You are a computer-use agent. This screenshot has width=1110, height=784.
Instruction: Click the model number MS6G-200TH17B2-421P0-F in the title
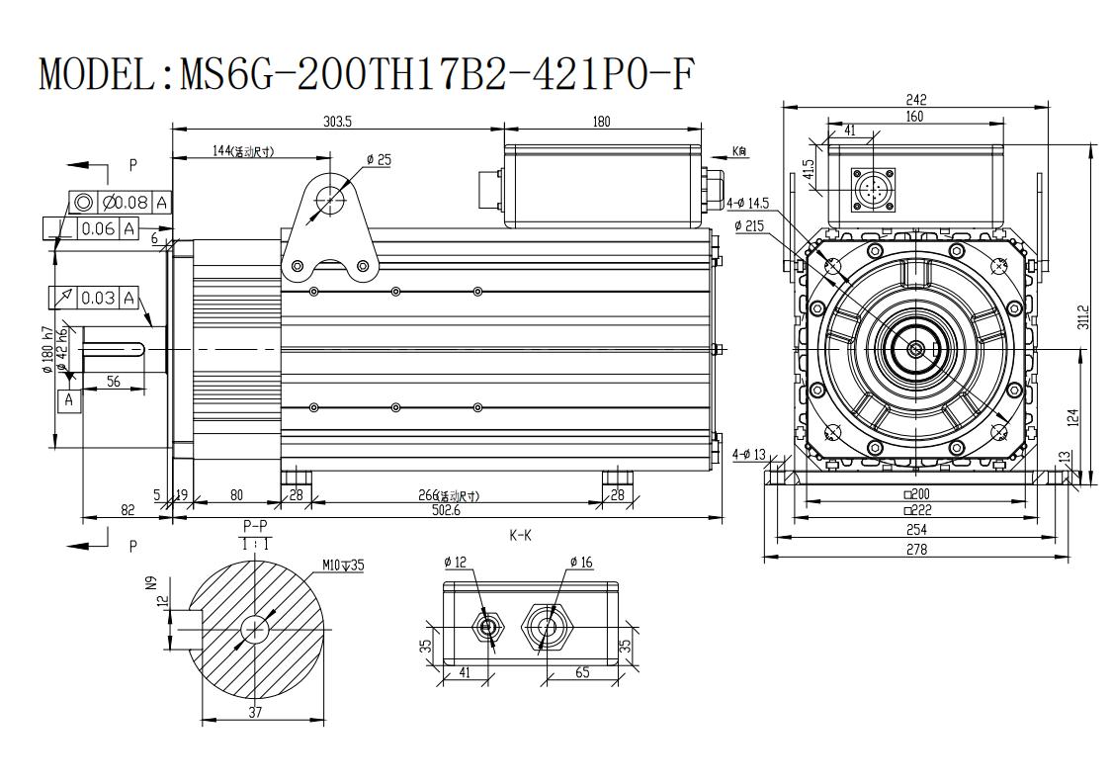[434, 74]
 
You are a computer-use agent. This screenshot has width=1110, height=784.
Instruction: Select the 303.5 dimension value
[338, 121]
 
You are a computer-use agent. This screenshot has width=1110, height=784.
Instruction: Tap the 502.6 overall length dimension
[446, 510]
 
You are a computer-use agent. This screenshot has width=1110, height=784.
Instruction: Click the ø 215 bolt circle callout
[749, 226]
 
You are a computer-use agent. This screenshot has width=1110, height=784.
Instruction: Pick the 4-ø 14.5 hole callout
[748, 204]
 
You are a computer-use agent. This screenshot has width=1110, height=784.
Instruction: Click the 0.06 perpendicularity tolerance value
[98, 228]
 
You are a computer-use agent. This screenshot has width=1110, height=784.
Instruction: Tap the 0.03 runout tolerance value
[98, 298]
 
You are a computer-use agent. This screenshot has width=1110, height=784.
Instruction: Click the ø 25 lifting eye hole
[330, 201]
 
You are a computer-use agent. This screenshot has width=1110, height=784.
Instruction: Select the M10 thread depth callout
[343, 566]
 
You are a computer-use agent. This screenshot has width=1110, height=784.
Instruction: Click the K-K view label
[520, 536]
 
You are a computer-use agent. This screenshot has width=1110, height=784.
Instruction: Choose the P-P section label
[256, 526]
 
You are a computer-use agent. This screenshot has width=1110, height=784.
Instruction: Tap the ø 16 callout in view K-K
[582, 563]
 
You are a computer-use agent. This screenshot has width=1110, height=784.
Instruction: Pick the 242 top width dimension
[915, 100]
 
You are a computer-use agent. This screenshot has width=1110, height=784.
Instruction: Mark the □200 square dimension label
[916, 494]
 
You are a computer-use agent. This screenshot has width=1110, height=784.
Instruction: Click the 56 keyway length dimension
[114, 381]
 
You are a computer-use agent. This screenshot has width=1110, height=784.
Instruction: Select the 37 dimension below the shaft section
[256, 712]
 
